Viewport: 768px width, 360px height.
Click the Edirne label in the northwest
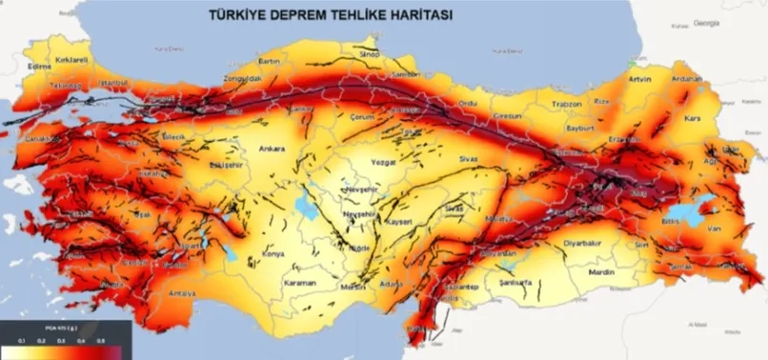(x=39, y=67)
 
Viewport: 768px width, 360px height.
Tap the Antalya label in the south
(x=182, y=293)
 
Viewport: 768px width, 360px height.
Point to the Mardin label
(x=601, y=272)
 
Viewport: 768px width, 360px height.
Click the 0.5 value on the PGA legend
(x=101, y=338)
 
